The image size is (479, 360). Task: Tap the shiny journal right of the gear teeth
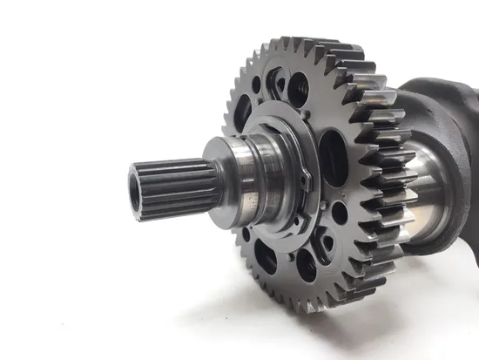coord(427,187)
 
